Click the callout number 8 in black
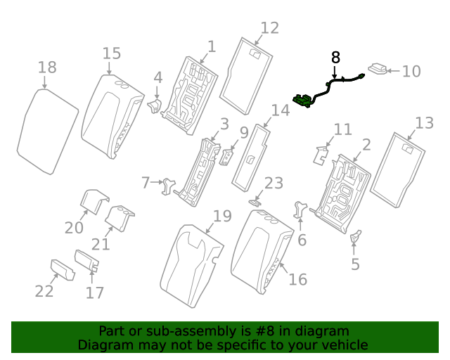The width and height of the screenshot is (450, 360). click(x=335, y=56)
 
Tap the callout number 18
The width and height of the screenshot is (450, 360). click(x=47, y=67)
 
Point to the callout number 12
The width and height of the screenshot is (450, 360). click(x=269, y=27)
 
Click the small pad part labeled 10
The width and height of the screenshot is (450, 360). click(x=378, y=70)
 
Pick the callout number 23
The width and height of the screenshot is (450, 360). click(x=273, y=184)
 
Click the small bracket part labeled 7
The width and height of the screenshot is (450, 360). click(x=169, y=185)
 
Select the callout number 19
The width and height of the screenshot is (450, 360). click(x=221, y=216)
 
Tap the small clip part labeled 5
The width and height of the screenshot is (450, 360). click(x=355, y=237)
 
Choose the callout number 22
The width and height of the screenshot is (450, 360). click(x=44, y=291)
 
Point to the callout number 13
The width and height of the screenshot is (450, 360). click(x=424, y=123)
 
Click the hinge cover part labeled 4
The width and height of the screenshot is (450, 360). click(x=154, y=105)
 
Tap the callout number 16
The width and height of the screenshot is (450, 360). click(x=297, y=279)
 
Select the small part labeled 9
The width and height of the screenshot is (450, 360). click(x=227, y=156)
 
